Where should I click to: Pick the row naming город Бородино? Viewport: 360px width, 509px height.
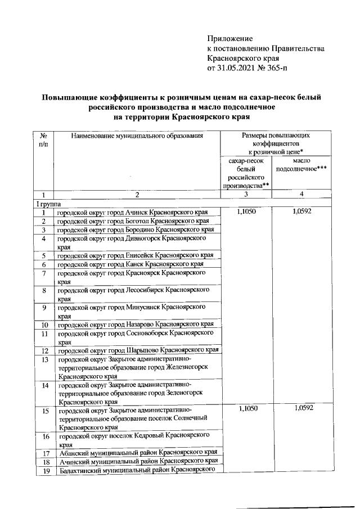pos(135,230)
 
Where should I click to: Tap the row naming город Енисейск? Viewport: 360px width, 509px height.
pos(134,255)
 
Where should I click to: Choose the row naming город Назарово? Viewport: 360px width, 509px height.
pos(135,325)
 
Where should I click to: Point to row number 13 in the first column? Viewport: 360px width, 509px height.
pos(43,359)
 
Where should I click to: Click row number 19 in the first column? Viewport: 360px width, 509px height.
pos(43,471)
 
